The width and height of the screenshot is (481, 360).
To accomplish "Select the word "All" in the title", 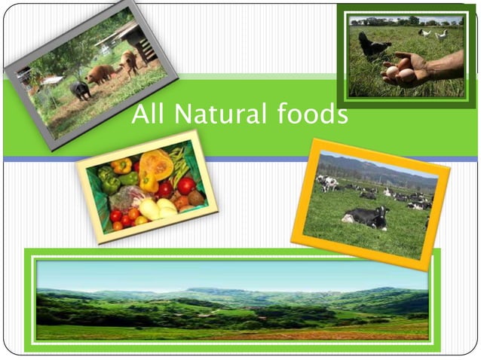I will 149,115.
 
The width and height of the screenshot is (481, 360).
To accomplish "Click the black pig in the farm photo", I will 81,90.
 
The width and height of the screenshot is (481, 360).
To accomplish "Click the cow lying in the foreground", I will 366,218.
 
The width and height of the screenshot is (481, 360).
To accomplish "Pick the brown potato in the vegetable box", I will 195,198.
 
